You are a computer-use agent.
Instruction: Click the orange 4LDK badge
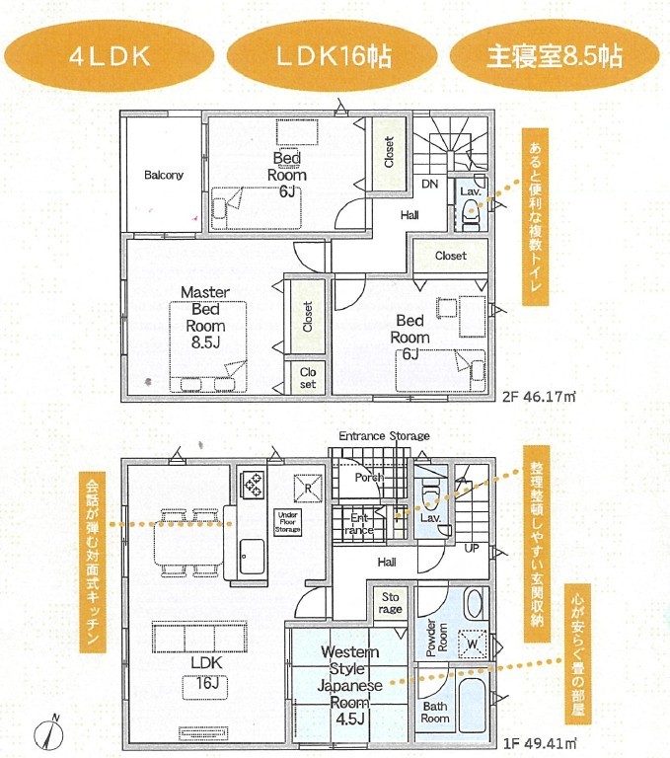click(110, 56)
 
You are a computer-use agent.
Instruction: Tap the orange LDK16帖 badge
click(333, 56)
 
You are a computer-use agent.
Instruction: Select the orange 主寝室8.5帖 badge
click(555, 56)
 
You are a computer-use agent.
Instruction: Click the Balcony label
click(164, 175)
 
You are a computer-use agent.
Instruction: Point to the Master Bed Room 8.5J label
click(205, 317)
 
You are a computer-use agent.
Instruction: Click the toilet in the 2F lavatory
click(472, 214)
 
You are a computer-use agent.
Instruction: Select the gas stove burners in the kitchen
click(253, 485)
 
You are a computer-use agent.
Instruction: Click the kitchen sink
click(252, 556)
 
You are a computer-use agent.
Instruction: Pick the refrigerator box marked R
click(308, 489)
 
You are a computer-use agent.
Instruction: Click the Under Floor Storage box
click(287, 522)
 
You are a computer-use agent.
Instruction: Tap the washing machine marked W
click(473, 644)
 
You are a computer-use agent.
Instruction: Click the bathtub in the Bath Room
click(474, 705)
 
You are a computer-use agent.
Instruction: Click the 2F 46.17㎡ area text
click(539, 397)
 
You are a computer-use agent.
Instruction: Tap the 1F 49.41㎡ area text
click(540, 743)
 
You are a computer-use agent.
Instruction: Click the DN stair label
click(430, 184)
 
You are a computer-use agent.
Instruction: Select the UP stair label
click(472, 548)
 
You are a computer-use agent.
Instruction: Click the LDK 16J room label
click(206, 672)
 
